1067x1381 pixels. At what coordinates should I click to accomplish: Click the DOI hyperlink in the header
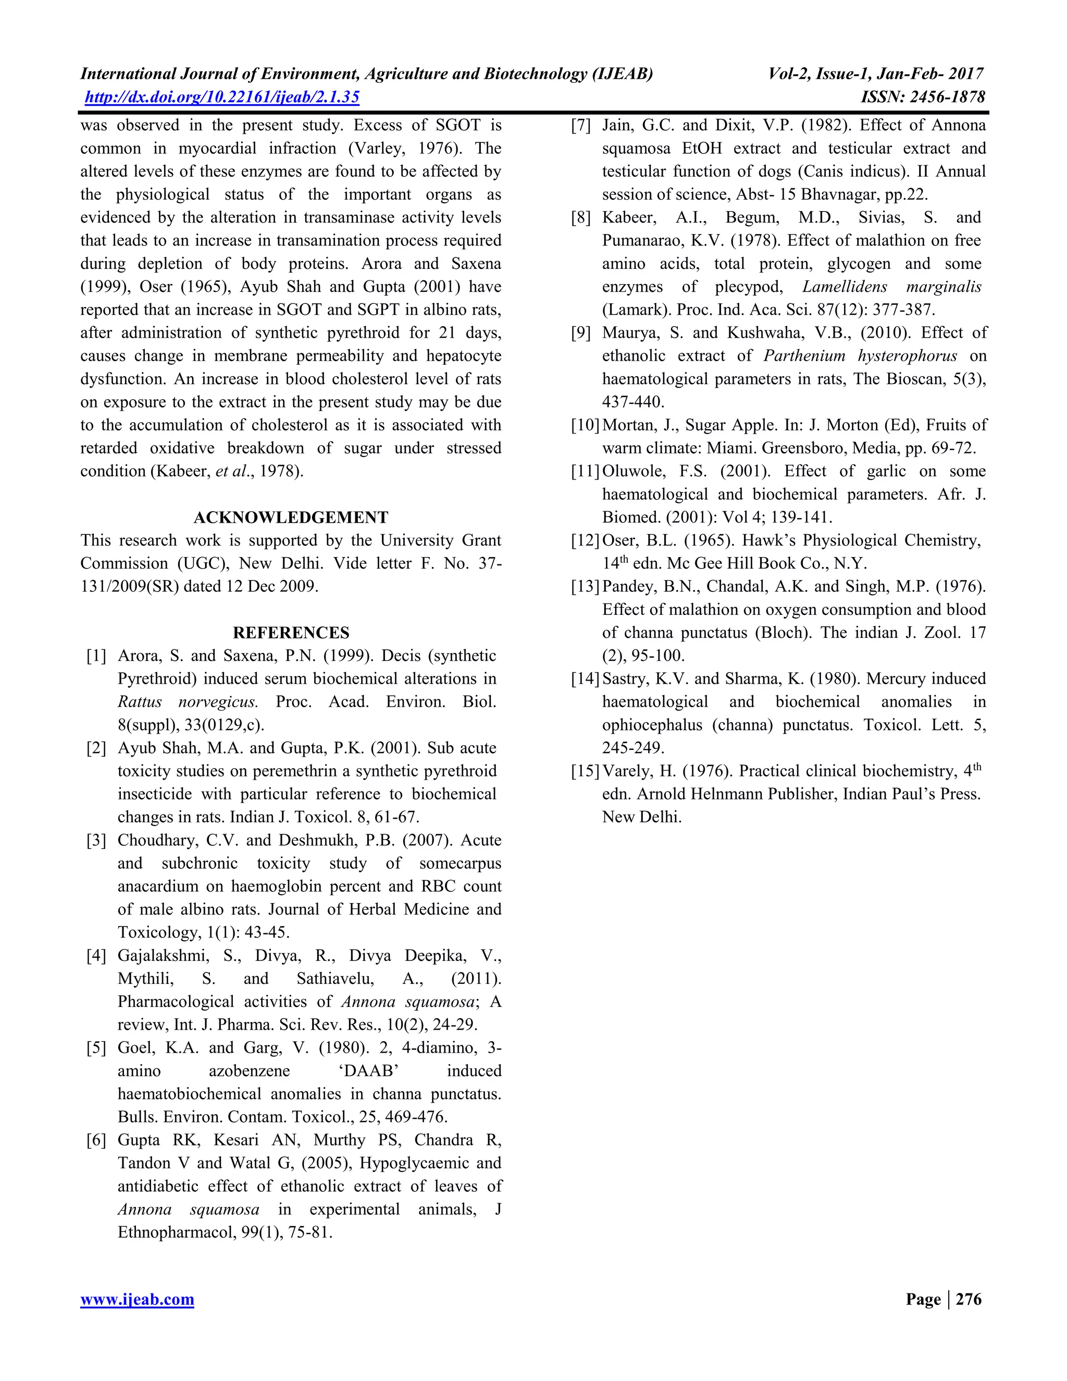(222, 97)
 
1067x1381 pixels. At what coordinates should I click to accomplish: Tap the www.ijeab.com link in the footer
(137, 1299)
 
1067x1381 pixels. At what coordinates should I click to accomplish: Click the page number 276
(969, 1299)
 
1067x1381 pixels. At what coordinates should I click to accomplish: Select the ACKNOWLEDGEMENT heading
(291, 517)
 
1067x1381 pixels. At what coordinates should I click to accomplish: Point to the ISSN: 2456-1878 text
(923, 97)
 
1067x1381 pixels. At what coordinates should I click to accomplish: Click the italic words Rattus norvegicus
(188, 702)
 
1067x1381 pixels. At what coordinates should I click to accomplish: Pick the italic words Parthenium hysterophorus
(860, 355)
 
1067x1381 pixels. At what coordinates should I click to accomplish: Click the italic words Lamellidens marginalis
(892, 287)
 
